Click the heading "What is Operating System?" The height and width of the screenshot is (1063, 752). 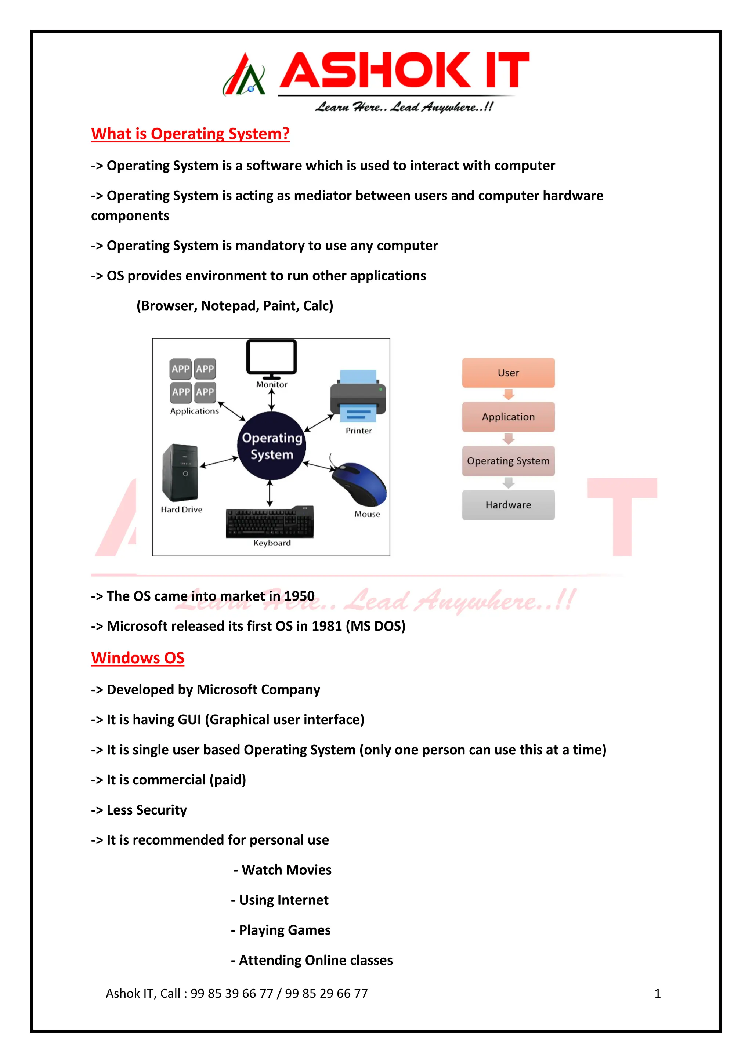coord(190,134)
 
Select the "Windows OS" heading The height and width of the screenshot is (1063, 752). coord(138,658)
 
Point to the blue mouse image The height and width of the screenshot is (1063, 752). coord(361,484)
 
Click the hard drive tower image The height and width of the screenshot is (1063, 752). coord(180,473)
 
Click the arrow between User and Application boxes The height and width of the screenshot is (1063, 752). coord(509,395)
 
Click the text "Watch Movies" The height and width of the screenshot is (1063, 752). coord(286,870)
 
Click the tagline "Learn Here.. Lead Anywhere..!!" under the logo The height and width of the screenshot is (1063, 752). coord(404,108)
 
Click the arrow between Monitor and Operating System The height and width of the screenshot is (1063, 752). coord(272,399)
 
